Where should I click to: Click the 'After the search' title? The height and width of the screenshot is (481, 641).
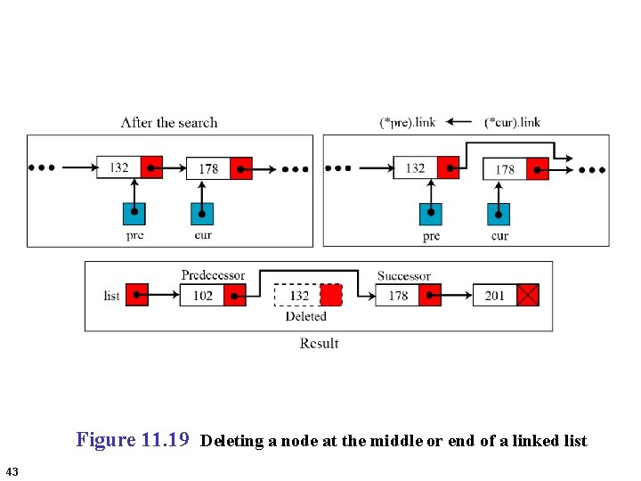[169, 122]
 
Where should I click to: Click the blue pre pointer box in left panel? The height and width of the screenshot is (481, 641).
[134, 213]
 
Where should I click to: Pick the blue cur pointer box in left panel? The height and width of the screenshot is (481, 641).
[202, 213]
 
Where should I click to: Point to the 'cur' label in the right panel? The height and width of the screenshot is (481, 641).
[499, 236]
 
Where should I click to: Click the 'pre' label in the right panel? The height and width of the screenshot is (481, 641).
[431, 236]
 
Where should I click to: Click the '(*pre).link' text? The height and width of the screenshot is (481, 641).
[407, 122]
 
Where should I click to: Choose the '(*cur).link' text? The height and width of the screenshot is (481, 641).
[512, 122]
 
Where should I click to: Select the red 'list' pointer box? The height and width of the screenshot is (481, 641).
[137, 295]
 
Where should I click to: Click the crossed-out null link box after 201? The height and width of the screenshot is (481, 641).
[528, 295]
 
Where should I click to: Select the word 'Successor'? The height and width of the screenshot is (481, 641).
[403, 276]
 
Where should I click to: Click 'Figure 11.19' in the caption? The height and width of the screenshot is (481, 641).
[133, 439]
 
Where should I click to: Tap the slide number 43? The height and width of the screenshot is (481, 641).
[12, 470]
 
